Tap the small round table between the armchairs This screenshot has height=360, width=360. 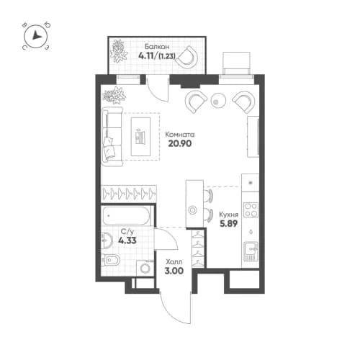[217, 102]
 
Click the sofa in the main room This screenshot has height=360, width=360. [111, 135]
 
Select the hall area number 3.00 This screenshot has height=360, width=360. [173, 272]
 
